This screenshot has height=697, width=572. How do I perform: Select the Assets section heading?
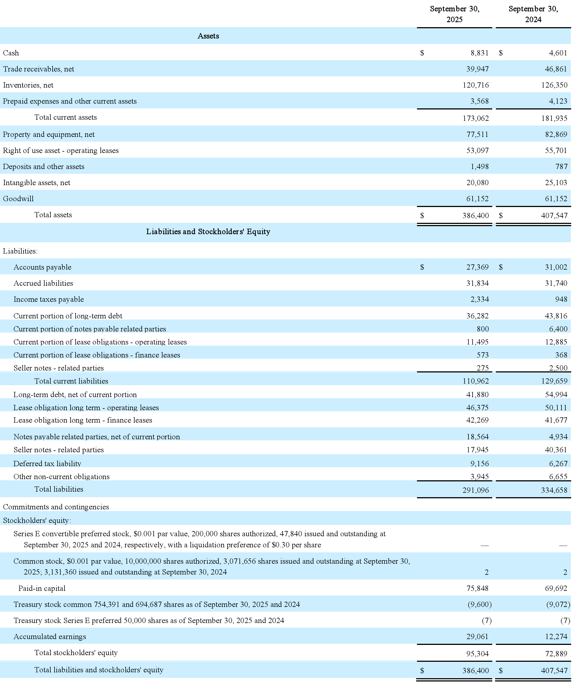(x=208, y=36)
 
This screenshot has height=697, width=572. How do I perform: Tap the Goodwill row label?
(x=19, y=199)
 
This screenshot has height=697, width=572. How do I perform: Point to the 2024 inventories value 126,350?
(x=554, y=85)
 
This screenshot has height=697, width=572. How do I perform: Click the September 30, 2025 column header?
(x=454, y=14)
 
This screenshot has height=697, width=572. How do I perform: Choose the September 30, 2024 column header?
(x=533, y=14)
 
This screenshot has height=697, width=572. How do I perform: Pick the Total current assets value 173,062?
(x=476, y=118)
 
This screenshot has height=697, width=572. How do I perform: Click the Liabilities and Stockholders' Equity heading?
(x=208, y=232)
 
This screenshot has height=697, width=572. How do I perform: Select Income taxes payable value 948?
(x=561, y=300)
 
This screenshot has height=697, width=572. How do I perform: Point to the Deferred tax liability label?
(x=47, y=464)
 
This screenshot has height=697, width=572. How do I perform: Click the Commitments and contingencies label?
(x=56, y=507)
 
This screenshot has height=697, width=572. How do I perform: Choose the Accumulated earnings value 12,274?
(x=556, y=637)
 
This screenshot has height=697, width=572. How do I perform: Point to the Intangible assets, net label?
(x=37, y=183)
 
